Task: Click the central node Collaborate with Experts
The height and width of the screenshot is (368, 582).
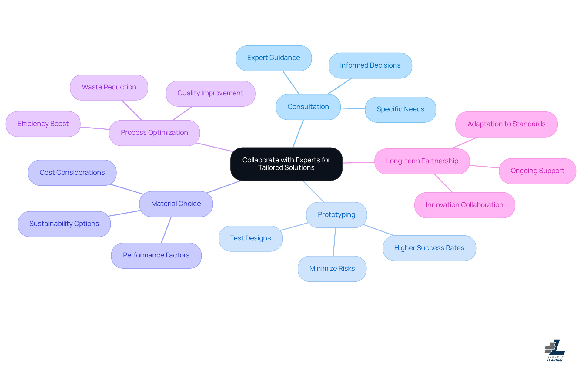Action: pyautogui.click(x=286, y=164)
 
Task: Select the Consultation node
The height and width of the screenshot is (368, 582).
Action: pyautogui.click(x=308, y=107)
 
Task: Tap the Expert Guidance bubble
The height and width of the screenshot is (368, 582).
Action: pyautogui.click(x=273, y=58)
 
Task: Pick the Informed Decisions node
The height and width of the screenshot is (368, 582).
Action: pyautogui.click(x=370, y=65)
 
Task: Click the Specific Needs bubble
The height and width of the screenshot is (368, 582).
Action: pyautogui.click(x=400, y=109)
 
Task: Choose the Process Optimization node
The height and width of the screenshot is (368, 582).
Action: pyautogui.click(x=154, y=133)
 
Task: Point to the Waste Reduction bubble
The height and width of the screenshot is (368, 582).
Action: pyautogui.click(x=109, y=87)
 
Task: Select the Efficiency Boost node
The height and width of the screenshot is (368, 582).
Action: pyautogui.click(x=43, y=124)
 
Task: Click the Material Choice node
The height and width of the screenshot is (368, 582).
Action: pyautogui.click(x=176, y=204)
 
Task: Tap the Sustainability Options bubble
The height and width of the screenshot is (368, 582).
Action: pyautogui.click(x=64, y=224)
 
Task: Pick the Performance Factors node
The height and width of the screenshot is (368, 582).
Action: pyautogui.click(x=156, y=255)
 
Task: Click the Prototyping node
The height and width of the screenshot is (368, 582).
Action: pyautogui.click(x=336, y=215)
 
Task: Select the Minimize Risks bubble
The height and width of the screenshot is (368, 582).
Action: pyautogui.click(x=332, y=269)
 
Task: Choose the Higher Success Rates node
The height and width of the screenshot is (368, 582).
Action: pyautogui.click(x=429, y=248)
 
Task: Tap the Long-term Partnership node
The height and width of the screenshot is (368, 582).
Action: pyautogui.click(x=422, y=161)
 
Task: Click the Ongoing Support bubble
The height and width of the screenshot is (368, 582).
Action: pyautogui.click(x=537, y=171)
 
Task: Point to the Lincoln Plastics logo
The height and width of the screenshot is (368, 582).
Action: pyautogui.click(x=555, y=350)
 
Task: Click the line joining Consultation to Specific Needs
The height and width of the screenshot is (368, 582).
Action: pyautogui.click(x=353, y=108)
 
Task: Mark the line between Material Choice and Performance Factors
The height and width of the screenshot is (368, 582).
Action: pyautogui.click(x=166, y=230)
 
